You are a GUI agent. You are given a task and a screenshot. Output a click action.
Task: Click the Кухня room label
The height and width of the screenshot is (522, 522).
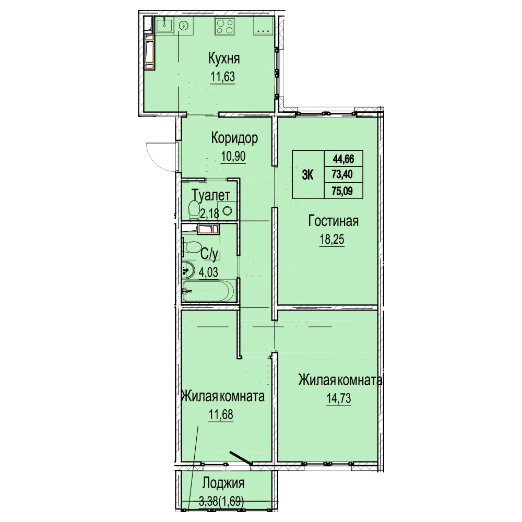pyautogui.click(x=224, y=58)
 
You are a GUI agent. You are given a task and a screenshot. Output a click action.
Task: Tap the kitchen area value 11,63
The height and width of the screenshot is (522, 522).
pyautogui.click(x=222, y=77)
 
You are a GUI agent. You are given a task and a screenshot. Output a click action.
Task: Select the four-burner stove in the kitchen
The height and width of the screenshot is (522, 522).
pyautogui.click(x=224, y=26)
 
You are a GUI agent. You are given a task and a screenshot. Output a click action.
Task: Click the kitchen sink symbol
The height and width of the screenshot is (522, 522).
pyautogui.click(x=164, y=25)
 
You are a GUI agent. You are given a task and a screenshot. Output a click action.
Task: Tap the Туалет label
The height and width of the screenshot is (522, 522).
pyautogui.click(x=211, y=195)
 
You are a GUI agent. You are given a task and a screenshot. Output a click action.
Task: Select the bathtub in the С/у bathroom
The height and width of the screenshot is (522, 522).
pyautogui.click(x=209, y=291)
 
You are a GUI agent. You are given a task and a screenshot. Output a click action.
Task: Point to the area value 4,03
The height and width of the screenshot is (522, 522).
pyautogui.click(x=208, y=272)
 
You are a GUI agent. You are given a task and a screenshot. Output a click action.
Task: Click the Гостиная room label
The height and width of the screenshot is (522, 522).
pyautogui.click(x=334, y=221)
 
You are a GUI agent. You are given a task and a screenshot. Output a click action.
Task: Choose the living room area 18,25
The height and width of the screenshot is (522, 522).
pyautogui.click(x=332, y=239)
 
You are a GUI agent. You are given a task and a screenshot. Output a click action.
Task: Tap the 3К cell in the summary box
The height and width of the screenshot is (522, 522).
pyautogui.click(x=307, y=174)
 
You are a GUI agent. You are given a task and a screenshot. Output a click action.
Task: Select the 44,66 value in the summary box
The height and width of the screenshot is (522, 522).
pyautogui.click(x=343, y=159)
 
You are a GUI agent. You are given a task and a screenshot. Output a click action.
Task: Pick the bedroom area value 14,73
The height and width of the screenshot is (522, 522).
pyautogui.click(x=339, y=398)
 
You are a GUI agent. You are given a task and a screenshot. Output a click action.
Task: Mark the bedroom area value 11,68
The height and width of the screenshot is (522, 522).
pyautogui.click(x=221, y=414)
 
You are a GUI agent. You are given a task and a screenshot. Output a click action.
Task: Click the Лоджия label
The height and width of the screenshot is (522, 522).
pyautogui.click(x=223, y=483)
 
